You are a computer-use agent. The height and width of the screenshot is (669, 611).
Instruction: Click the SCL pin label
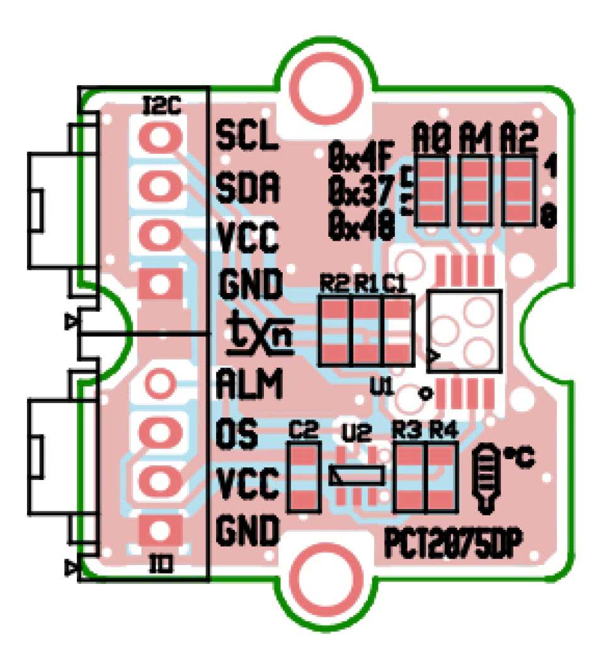(x=247, y=135)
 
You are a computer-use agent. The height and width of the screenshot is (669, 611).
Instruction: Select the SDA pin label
(x=248, y=186)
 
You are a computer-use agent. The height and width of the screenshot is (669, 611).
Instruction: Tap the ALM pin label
(x=249, y=383)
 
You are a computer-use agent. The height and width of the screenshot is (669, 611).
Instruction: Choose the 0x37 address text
(x=361, y=187)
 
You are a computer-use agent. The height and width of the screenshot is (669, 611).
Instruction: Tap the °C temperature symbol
(x=518, y=459)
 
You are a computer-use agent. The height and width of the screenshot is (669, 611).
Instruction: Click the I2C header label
(x=162, y=105)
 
